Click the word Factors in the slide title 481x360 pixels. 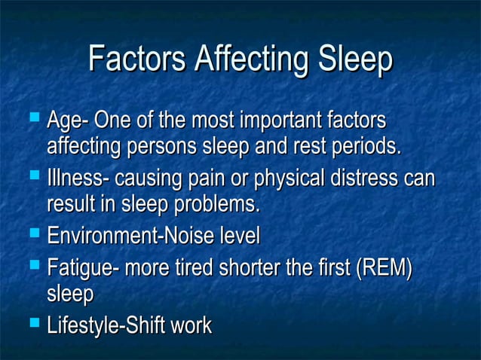coord(136,61)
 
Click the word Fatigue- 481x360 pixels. coord(81,269)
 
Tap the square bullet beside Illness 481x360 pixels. coord(32,178)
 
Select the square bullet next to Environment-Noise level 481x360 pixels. coord(32,236)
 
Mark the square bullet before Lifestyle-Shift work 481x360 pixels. coord(32,325)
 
